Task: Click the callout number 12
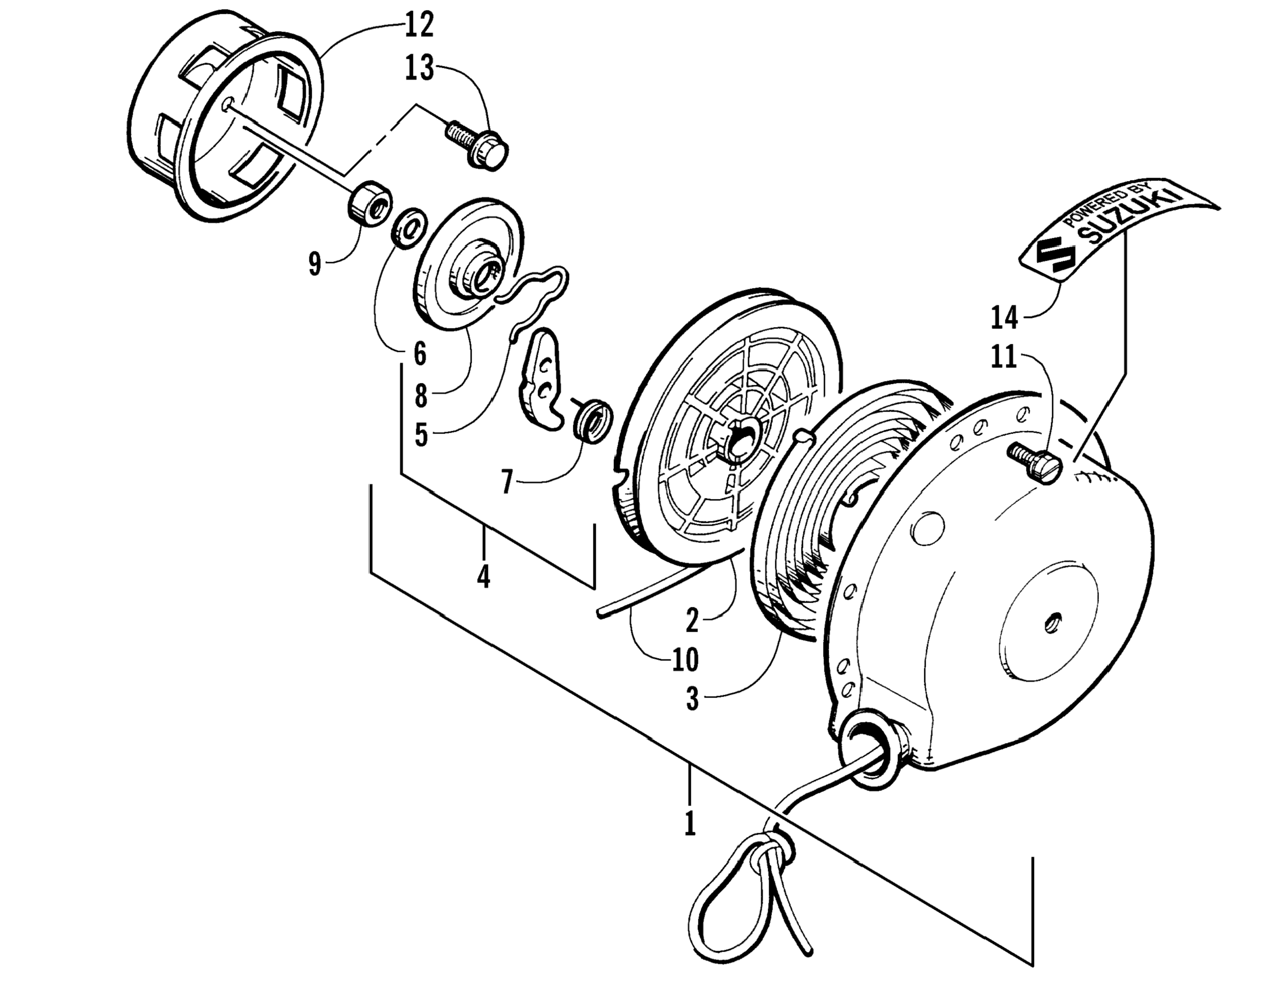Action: [419, 26]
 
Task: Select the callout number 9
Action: [315, 265]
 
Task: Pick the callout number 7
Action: [507, 481]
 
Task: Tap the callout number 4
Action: [483, 576]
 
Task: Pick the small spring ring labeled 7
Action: [592, 420]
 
